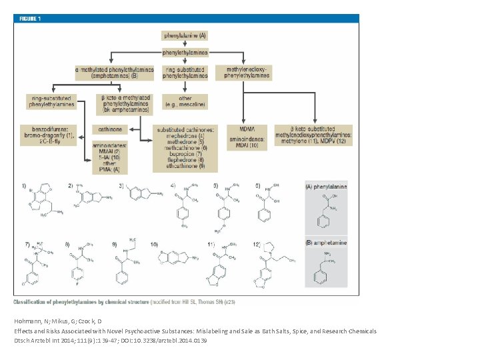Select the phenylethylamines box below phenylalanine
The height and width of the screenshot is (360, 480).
(185, 52)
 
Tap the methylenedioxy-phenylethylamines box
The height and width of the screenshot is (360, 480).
(247, 72)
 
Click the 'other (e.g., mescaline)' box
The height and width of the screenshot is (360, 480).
(185, 101)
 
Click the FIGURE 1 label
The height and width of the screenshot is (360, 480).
(29, 19)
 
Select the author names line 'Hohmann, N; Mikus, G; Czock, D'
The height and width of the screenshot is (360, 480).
(58, 321)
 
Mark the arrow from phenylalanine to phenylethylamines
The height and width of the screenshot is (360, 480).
(185, 43)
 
